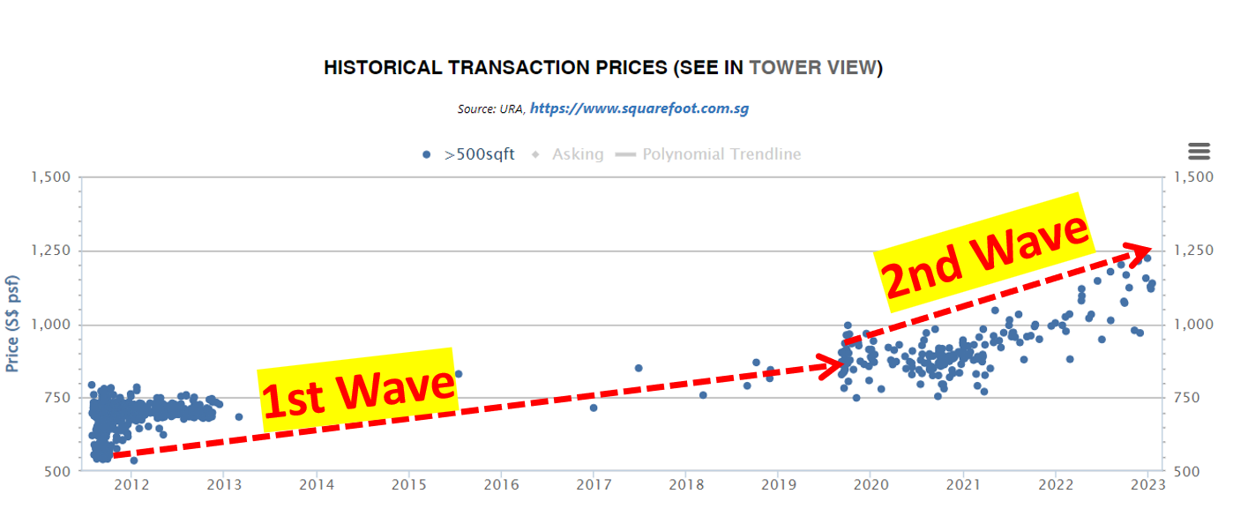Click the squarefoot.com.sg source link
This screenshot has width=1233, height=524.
[639, 109]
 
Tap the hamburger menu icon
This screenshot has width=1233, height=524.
[1199, 151]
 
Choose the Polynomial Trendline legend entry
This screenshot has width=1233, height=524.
[710, 154]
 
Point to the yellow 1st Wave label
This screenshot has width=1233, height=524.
[358, 389]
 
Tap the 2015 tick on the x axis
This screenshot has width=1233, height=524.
[408, 484]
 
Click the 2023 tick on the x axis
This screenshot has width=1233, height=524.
[1147, 484]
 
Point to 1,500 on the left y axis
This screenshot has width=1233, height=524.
[51, 177]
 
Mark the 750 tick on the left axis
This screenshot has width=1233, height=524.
[58, 398]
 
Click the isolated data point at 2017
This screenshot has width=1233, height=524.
[594, 408]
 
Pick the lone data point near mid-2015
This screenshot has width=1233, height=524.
[458, 374]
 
